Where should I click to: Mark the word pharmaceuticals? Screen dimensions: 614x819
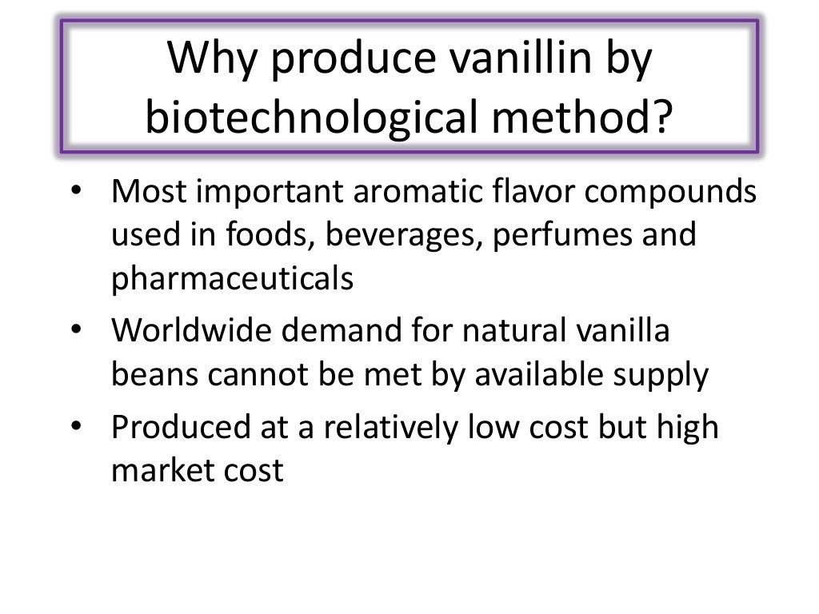tap(232, 280)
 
